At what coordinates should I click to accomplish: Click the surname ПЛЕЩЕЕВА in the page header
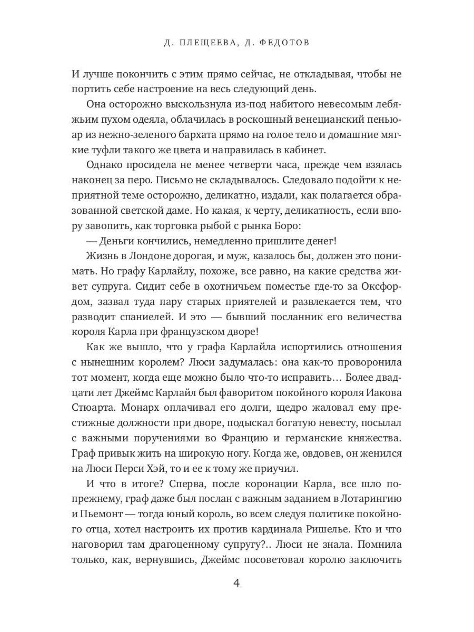click(x=203, y=43)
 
